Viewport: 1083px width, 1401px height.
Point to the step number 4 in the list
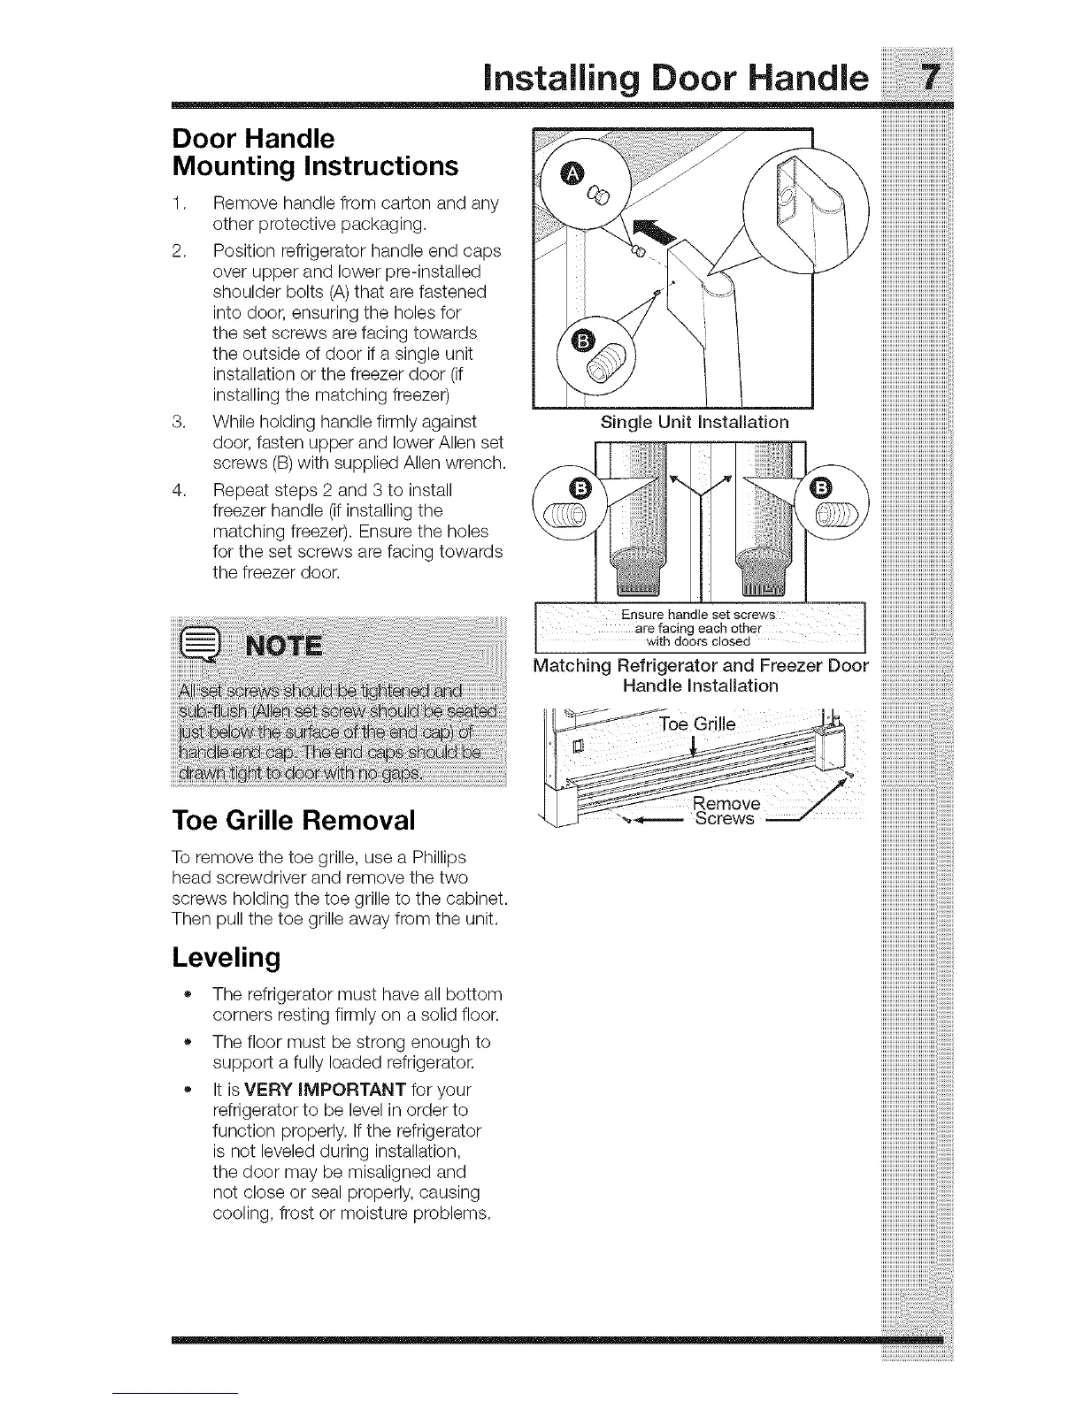point(178,490)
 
